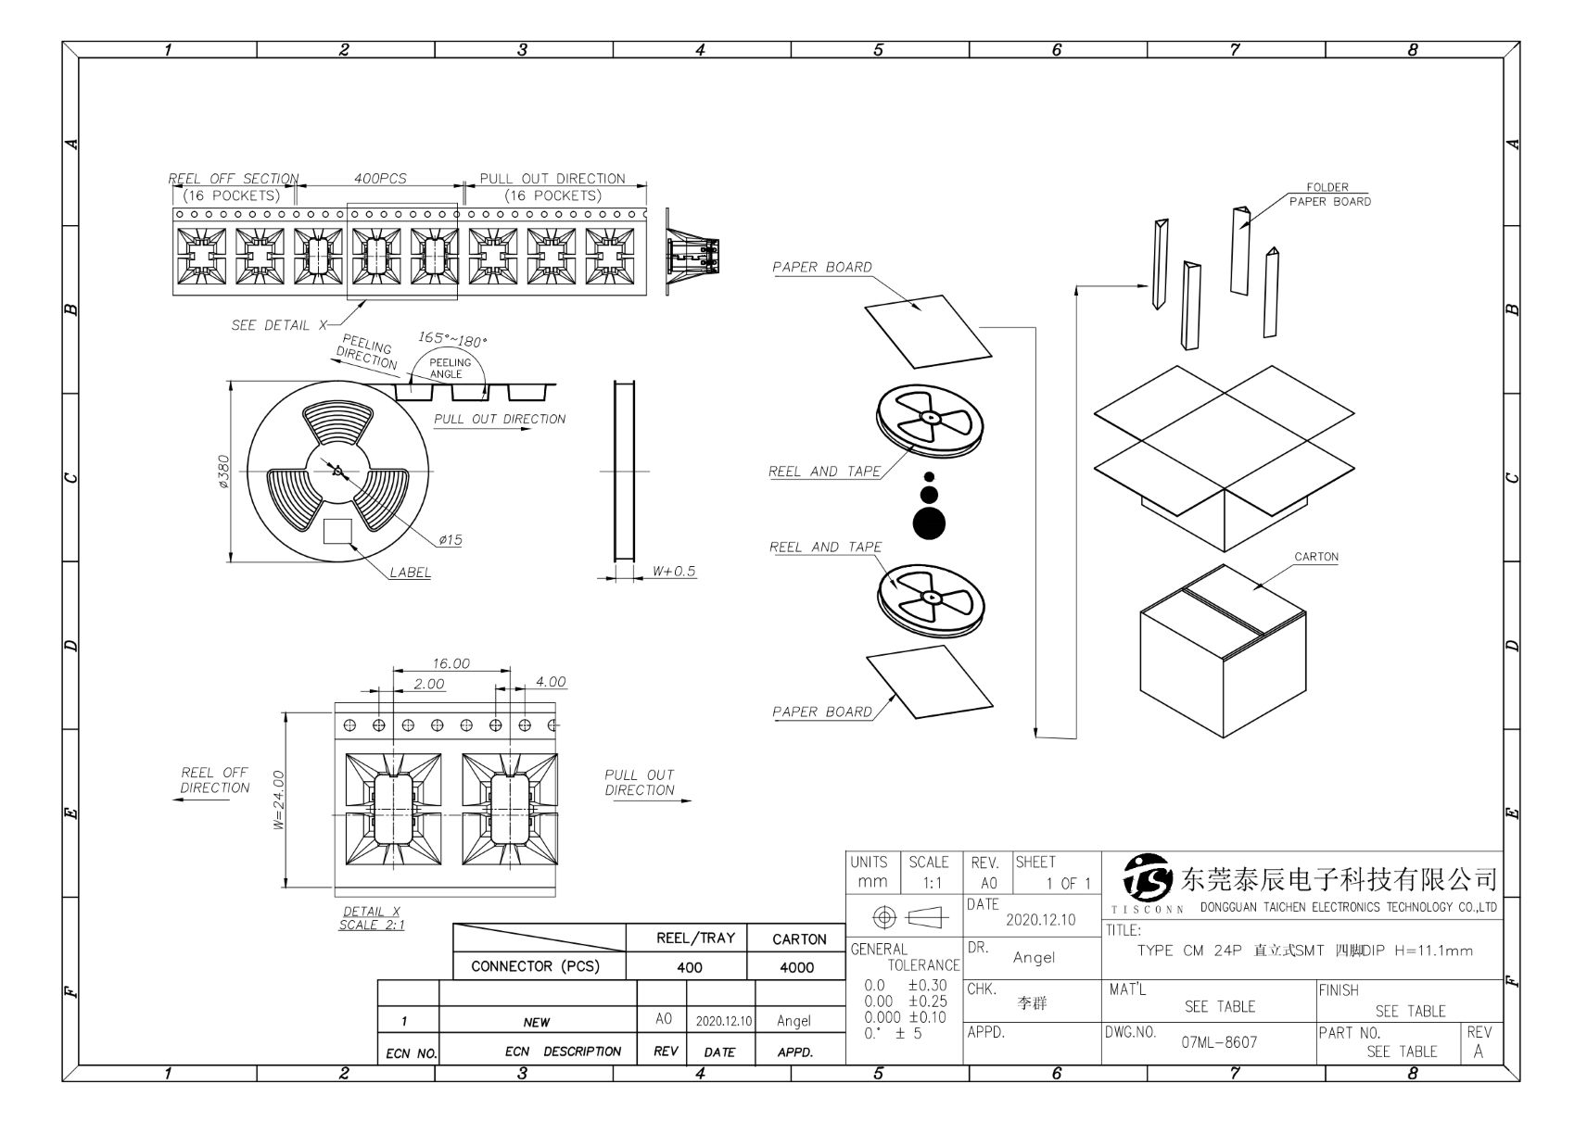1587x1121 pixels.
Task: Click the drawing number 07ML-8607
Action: pos(1219,1042)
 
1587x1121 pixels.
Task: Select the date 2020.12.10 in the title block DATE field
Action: pos(1040,920)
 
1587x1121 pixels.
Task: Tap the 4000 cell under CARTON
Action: pos(796,967)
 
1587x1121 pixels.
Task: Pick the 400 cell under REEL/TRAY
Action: pos(689,967)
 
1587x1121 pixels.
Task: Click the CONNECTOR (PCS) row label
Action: pos(535,966)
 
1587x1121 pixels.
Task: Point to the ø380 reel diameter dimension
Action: pos(223,471)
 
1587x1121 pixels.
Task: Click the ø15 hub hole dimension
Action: pos(451,540)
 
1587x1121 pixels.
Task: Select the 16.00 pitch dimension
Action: pos(451,663)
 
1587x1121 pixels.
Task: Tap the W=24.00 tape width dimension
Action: pos(278,800)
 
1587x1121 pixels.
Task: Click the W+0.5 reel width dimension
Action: pos(673,571)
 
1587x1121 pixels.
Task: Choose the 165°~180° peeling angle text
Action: pos(452,340)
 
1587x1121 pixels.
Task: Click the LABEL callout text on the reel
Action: pos(410,573)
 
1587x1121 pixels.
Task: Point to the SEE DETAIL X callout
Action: pos(279,325)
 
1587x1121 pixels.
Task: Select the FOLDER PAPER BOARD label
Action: pos(1329,194)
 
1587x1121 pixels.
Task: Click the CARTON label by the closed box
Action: pos(1316,557)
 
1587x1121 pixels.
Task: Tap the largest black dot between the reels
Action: pos(929,523)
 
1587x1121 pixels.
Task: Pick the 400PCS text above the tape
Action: pos(380,178)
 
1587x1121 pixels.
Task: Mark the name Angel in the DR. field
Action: pos(1034,958)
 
